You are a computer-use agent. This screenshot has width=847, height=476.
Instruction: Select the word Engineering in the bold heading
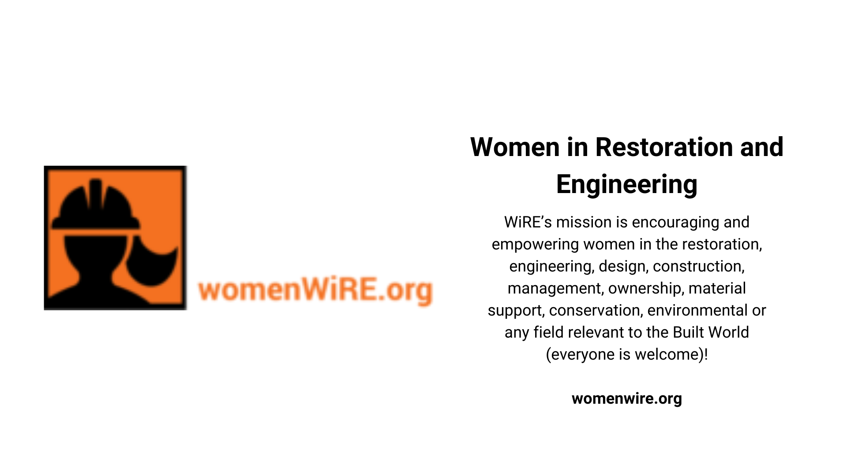click(x=626, y=185)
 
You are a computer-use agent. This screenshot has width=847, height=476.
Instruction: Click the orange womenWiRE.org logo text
click(x=315, y=290)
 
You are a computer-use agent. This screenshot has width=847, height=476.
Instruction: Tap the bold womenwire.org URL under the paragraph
click(x=626, y=398)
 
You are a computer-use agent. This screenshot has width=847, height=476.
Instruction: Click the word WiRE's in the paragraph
click(x=528, y=222)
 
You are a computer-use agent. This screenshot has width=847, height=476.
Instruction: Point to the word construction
click(x=698, y=266)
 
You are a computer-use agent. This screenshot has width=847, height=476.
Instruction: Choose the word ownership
click(x=646, y=289)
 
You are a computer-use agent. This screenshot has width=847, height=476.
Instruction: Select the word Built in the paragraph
click(x=688, y=332)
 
